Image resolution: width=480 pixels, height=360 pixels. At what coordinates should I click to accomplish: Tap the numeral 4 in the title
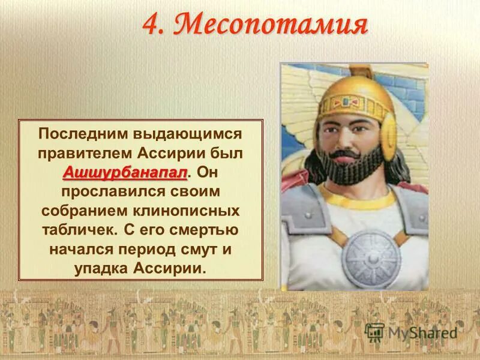click(x=153, y=25)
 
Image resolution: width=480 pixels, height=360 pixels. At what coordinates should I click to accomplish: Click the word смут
click(x=203, y=250)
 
